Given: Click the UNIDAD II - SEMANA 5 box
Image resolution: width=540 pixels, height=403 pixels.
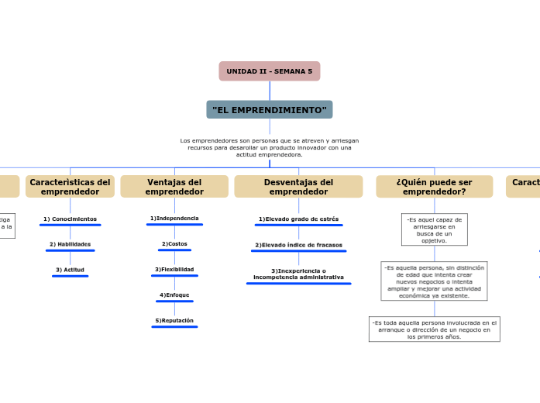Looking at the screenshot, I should (x=269, y=71).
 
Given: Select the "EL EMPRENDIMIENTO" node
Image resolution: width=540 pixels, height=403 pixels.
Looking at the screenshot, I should (x=269, y=110).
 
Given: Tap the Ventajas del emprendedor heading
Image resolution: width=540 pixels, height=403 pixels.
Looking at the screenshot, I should (x=174, y=187).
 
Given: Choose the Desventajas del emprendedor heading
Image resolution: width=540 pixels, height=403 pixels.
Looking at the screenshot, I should (x=298, y=187).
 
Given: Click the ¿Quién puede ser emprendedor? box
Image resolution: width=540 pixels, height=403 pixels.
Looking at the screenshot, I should (x=434, y=187).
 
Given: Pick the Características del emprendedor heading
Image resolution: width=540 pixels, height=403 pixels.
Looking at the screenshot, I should (x=70, y=187).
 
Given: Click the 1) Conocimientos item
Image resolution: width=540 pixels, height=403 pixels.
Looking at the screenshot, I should (x=70, y=219).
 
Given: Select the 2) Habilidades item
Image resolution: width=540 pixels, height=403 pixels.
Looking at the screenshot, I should (x=70, y=244).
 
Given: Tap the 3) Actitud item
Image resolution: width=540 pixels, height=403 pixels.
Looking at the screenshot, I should (x=70, y=270).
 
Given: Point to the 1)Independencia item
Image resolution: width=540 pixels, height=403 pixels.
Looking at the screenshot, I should (x=174, y=219).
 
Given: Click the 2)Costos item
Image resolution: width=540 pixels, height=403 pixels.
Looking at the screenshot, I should (x=174, y=244).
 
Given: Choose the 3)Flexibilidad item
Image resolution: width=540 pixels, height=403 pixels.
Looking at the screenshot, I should (x=174, y=270).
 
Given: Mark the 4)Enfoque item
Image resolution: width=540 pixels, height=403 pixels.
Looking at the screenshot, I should (x=174, y=295).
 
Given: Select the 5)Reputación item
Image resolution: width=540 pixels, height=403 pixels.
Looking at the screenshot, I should (x=174, y=321).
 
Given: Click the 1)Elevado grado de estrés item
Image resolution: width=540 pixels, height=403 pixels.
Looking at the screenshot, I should (x=298, y=219).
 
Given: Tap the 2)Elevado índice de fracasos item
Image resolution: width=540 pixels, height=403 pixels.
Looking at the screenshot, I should (x=298, y=245).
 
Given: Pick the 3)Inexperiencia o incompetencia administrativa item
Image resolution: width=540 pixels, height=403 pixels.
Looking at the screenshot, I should (x=298, y=274).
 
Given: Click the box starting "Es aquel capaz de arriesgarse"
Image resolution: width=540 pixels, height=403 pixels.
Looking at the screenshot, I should (x=434, y=229).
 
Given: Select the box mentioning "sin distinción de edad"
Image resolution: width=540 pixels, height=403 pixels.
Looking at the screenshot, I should (x=434, y=281).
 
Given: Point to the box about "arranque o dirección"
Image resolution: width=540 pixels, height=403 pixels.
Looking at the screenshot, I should (x=434, y=329).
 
